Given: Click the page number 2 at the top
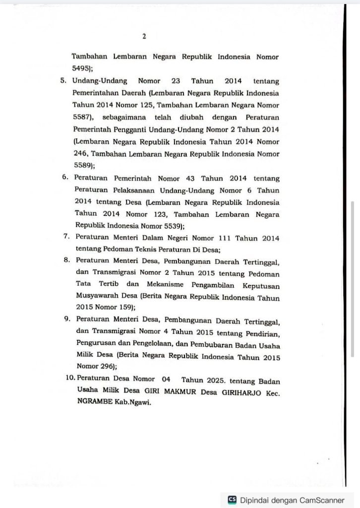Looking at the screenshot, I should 144,36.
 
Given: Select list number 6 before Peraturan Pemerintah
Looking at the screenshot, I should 65,178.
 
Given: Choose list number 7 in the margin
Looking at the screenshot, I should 66,237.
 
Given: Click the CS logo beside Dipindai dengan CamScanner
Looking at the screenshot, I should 232,500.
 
